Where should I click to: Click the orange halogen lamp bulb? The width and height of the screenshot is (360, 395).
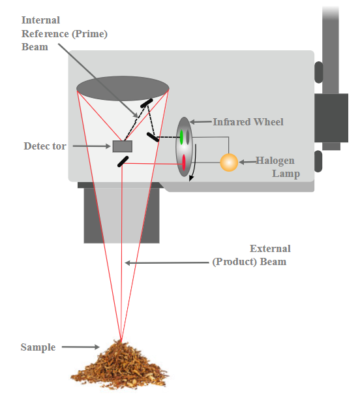point(229,163)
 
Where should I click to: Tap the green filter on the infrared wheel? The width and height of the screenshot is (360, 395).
point(181,137)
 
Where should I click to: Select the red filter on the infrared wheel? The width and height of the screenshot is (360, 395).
point(184,162)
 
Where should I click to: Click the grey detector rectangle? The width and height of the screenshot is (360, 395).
point(122,146)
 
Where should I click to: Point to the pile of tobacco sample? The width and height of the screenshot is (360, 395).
point(119,364)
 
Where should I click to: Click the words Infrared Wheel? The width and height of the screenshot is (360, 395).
point(248,122)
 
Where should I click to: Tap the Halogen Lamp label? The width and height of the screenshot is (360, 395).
point(278,166)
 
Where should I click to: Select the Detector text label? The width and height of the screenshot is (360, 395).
point(45,146)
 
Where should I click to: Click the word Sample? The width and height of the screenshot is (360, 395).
point(38,347)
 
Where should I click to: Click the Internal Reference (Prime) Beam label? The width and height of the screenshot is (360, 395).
point(65,33)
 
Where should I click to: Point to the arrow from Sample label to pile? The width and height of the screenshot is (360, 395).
point(80,347)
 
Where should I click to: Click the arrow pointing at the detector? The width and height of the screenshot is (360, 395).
point(91,146)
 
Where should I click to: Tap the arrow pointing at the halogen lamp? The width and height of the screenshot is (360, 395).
point(248,162)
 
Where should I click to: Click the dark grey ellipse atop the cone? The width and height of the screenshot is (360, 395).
point(123,88)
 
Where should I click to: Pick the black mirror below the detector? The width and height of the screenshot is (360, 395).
point(123,161)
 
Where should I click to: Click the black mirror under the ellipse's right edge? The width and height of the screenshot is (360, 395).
point(147,103)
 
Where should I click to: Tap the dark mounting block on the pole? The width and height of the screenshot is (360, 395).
point(331,118)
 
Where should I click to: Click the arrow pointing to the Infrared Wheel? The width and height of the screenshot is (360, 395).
point(200,122)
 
